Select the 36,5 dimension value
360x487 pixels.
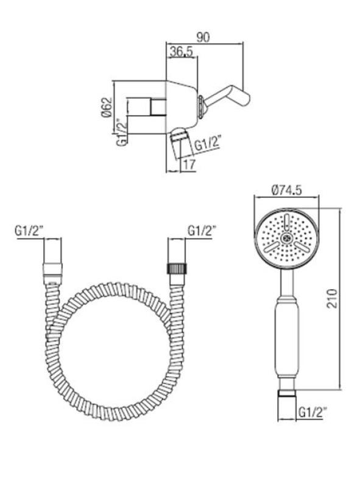pyautogui.click(x=181, y=52)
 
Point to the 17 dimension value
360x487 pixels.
pyautogui.click(x=189, y=164)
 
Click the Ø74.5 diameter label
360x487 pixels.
pyautogui.click(x=287, y=191)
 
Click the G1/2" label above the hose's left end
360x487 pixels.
pyautogui.click(x=30, y=231)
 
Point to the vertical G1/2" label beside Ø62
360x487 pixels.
pyautogui.click(x=122, y=132)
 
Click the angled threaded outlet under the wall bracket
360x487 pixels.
pyautogui.click(x=178, y=139)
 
